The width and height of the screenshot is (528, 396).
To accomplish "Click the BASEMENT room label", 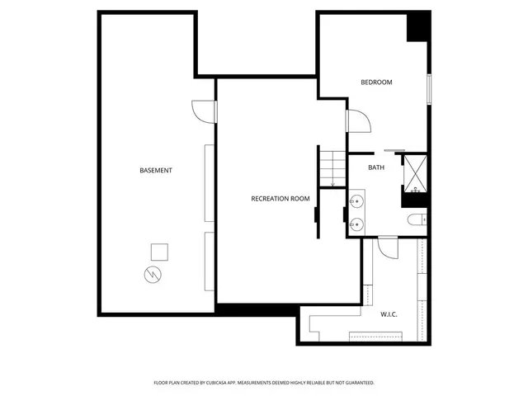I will pos(156,171).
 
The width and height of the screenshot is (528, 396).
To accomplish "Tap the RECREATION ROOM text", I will pos(280,199).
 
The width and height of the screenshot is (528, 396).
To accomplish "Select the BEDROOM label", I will pos(376,82).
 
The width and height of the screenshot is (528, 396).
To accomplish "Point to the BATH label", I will pos(376,167).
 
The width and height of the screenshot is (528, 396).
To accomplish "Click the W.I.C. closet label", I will pos(390,313).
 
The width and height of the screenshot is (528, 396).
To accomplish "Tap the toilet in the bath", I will pos(417,219).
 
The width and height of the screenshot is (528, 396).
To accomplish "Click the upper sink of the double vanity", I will pos(357,201).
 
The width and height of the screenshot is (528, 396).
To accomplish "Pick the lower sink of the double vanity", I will pos(357,224).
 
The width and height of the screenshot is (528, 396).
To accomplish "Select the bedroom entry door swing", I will pos(358,121).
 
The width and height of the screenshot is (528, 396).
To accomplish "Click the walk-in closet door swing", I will pos(388,247).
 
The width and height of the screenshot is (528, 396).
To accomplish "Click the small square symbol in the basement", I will pos(160,251).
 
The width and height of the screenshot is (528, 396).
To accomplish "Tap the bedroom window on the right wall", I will pos(429,89).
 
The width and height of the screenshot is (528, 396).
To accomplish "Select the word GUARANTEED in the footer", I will pos(357,383).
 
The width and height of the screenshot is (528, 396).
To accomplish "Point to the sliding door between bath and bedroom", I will pos(393,152).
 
